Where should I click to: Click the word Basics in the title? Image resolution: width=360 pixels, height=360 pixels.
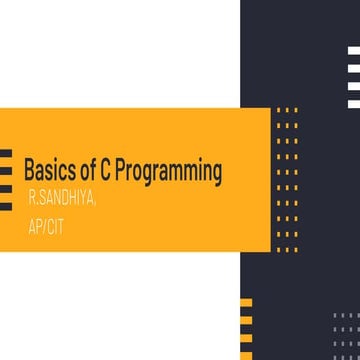tap(45, 170)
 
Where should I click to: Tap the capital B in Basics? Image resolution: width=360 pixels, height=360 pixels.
tap(29, 170)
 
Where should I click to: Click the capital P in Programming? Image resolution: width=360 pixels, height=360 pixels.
tap(119, 170)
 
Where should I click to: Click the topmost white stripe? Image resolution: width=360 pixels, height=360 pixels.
tap(353, 50)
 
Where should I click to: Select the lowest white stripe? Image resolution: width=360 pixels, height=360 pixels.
tap(353, 102)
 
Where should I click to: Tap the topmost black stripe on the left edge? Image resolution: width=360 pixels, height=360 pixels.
tap(5, 153)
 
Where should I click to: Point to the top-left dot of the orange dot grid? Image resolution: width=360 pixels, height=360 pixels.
tap(278, 109)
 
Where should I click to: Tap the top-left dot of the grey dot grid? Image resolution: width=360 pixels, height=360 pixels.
tap(334, 315)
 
